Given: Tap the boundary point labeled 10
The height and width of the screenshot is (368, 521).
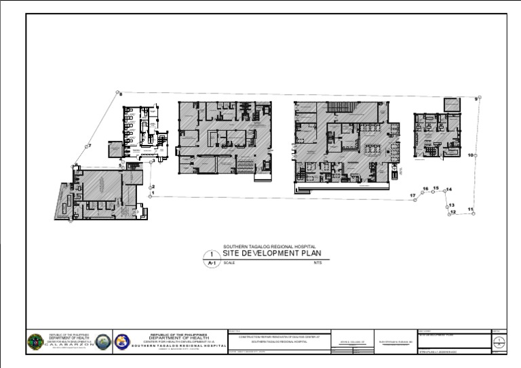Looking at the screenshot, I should tap(476, 155).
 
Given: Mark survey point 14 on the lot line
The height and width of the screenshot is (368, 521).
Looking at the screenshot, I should tap(444, 190).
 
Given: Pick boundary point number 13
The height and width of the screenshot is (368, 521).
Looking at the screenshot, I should tap(447, 205).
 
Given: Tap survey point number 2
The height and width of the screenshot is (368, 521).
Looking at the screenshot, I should tap(149, 187).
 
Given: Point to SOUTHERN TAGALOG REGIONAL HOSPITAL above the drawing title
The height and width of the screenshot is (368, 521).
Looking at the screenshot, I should tap(269, 247).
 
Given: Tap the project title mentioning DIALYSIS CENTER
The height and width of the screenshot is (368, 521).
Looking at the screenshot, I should tap(279, 336).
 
